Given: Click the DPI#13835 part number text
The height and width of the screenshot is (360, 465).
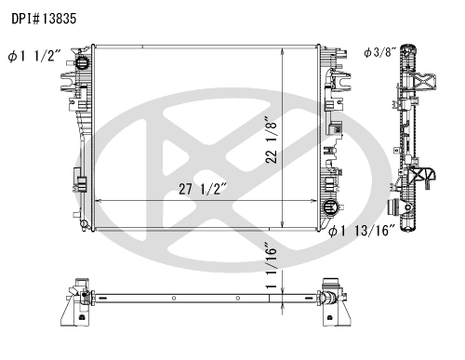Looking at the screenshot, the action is (x=44, y=19).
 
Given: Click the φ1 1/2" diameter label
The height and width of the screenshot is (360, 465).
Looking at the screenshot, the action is (x=34, y=56).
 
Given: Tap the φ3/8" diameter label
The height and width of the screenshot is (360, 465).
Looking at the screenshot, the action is (x=380, y=52).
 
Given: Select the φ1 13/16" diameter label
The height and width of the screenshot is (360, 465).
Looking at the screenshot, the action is (x=362, y=231).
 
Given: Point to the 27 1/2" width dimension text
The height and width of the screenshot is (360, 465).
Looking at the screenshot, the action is (x=203, y=189).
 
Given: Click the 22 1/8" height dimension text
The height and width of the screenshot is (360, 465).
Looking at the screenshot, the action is (x=272, y=140).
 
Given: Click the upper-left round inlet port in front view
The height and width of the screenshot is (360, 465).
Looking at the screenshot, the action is (x=82, y=63).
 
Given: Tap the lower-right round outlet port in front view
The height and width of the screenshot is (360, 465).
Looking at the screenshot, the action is (x=329, y=207).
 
